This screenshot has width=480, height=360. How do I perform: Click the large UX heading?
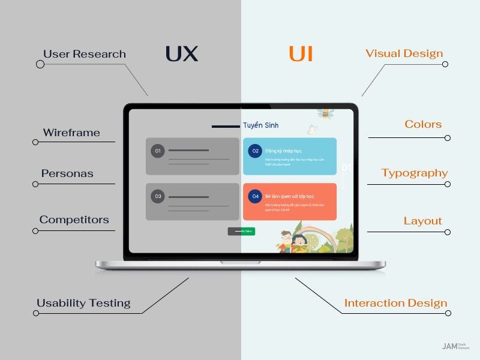pos(181,54)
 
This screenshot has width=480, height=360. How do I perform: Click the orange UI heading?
pos(301,54)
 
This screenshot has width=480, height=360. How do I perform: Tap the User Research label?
pos(85,54)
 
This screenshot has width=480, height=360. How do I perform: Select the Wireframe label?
pos(71,133)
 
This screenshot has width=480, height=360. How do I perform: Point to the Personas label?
pos(67,173)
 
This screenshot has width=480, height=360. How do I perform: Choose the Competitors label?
pos(74,220)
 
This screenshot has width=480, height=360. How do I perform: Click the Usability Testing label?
pos(83,303)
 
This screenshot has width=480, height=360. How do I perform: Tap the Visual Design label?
pos(404,53)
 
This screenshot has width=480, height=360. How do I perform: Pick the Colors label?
pos(423,124)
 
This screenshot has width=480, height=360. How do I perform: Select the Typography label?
pos(415,173)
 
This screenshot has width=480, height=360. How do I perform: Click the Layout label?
pos(423,221)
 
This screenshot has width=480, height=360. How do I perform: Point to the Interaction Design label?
pos(396,303)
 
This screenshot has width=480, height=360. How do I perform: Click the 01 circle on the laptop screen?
pos(158,151)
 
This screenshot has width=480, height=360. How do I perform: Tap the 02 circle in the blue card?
pos(255,151)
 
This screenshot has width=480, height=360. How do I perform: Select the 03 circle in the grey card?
pos(158,196)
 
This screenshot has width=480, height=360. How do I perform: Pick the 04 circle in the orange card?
pos(255,196)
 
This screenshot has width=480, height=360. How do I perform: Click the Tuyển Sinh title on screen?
pos(260,125)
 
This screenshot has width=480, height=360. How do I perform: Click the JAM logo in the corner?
pos(449,346)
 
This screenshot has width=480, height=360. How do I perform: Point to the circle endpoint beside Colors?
pos(448,138)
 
